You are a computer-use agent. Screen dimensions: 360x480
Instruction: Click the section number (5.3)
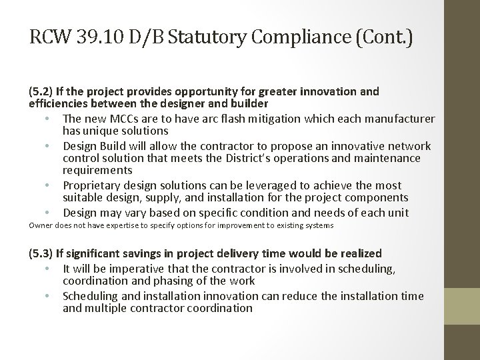click(43, 254)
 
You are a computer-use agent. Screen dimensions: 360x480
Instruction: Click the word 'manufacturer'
click(403, 119)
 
